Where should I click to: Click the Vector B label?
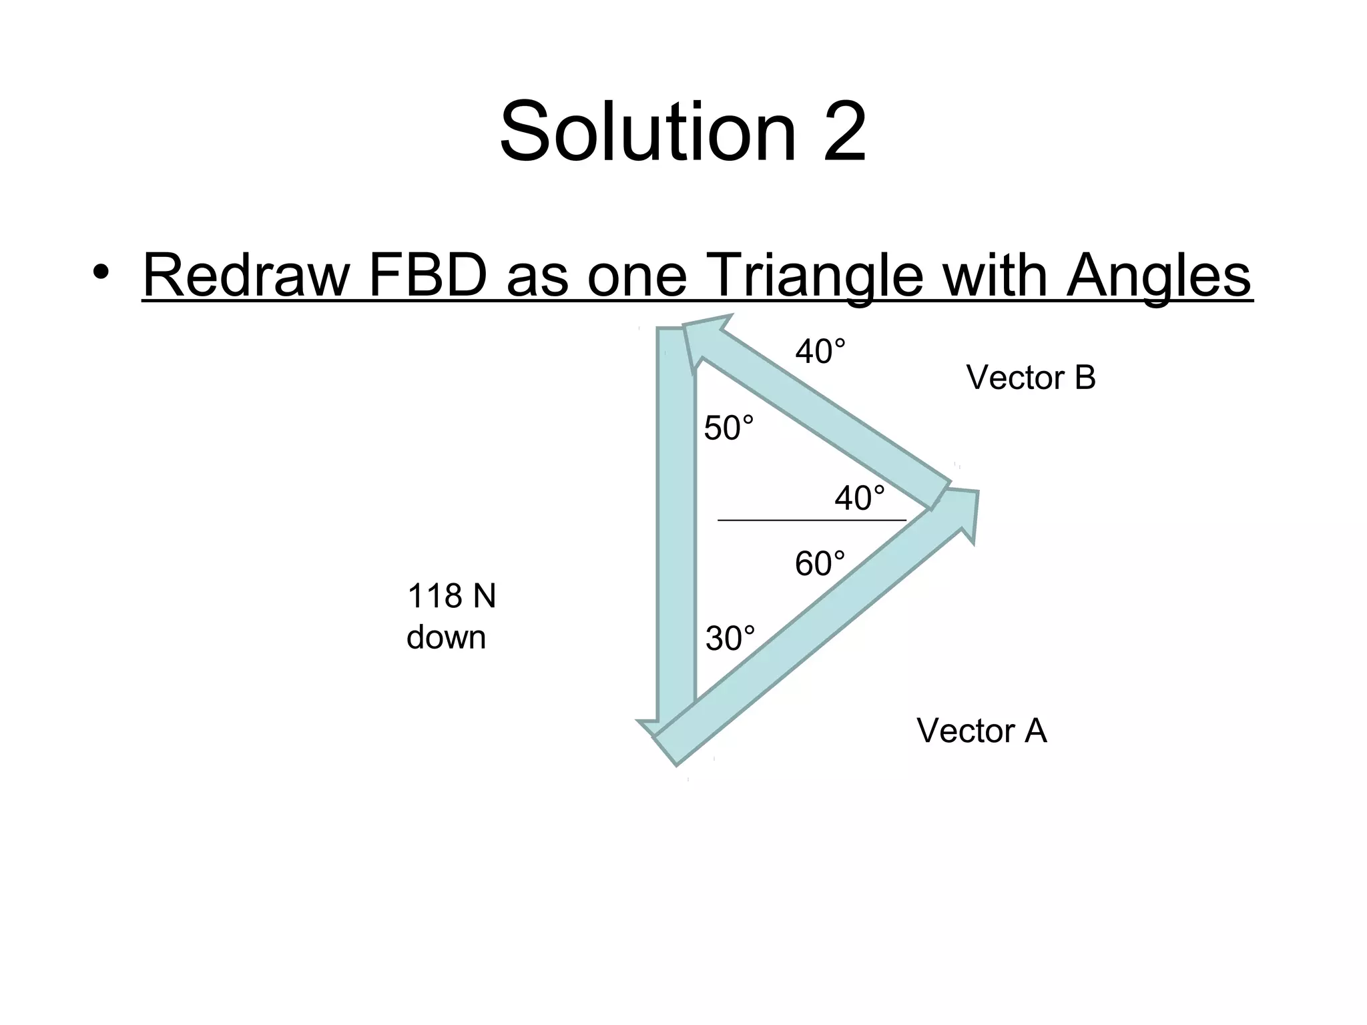coord(1031,378)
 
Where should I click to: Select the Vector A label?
coord(981,731)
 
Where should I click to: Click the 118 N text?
coord(451,596)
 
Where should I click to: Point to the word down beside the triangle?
coord(446,637)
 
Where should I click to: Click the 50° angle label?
coord(729,428)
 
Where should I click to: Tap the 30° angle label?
coord(730,639)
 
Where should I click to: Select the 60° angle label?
coord(820,564)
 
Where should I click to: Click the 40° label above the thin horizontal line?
coord(860,498)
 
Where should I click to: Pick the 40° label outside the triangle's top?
coord(820,352)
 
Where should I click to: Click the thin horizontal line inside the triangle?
coord(812,520)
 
